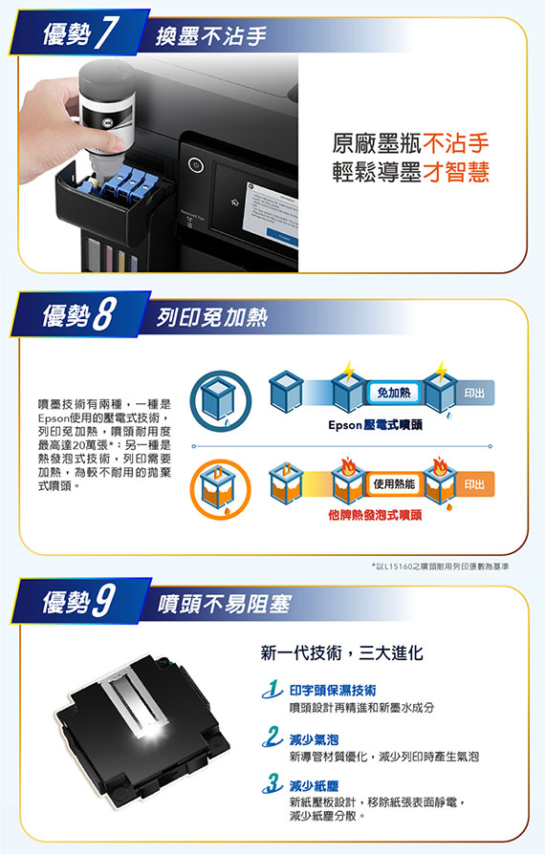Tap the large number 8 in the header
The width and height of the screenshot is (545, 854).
[104, 315]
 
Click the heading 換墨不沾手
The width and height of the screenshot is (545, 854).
[211, 36]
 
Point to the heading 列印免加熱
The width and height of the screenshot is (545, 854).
[212, 317]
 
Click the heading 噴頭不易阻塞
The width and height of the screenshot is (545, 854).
[225, 604]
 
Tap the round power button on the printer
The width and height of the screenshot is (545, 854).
[196, 164]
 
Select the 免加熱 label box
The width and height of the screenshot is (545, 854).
[394, 393]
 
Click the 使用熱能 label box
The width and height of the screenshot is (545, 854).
[394, 483]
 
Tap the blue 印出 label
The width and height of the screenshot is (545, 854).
[474, 393]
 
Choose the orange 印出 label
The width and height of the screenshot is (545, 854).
[474, 484]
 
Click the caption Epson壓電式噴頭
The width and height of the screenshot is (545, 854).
[375, 425]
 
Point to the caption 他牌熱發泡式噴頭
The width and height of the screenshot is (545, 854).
[375, 515]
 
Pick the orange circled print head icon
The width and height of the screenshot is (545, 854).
[221, 490]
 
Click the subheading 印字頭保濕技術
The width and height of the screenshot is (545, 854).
[333, 691]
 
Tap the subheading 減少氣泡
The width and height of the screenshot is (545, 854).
[314, 739]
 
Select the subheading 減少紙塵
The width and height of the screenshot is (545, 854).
[314, 785]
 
